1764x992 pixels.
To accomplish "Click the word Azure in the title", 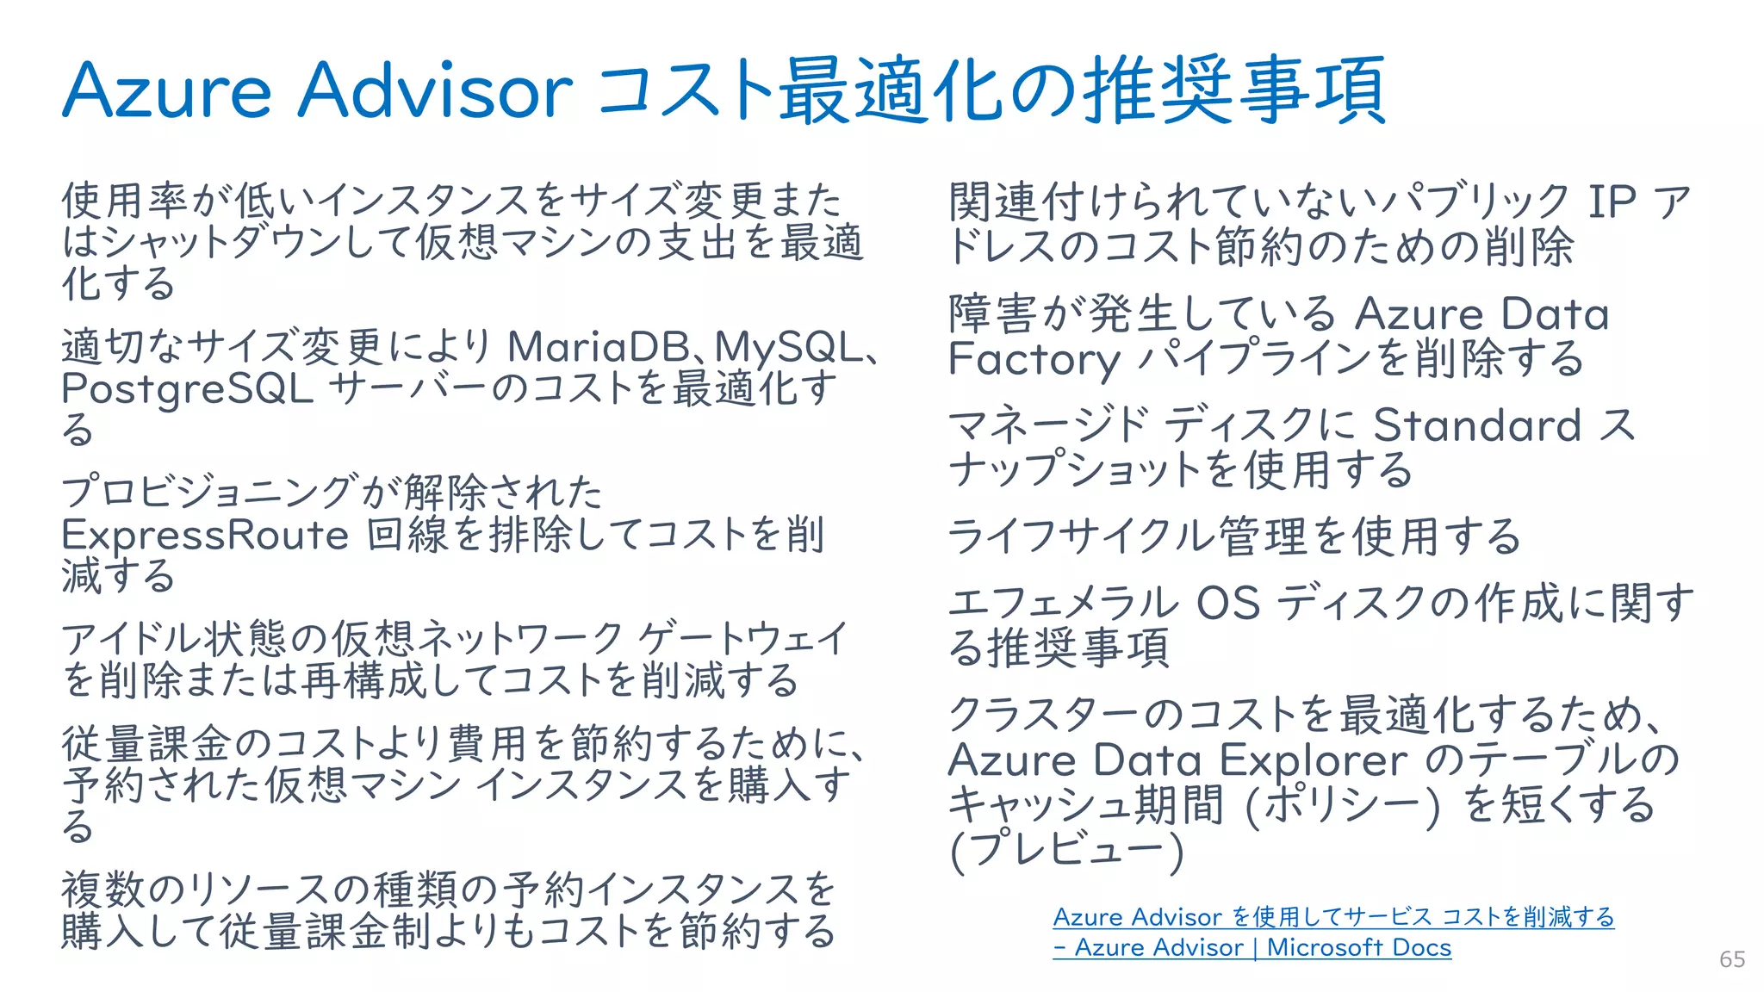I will (x=166, y=90).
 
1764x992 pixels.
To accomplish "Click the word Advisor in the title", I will (x=435, y=90).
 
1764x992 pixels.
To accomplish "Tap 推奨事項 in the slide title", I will (x=1233, y=90).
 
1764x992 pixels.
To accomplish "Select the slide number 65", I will (x=1732, y=958).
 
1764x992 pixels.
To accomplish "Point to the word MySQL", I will (x=788, y=347).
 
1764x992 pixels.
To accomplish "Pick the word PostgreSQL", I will (x=187, y=389).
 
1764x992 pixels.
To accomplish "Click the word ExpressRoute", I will (x=205, y=535).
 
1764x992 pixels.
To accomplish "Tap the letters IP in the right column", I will (x=1612, y=202).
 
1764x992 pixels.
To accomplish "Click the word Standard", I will (x=1476, y=425).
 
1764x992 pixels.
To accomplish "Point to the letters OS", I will (x=1228, y=603).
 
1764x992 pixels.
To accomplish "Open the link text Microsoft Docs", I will (x=1358, y=947).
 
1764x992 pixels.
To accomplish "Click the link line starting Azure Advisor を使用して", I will (x=1332, y=917).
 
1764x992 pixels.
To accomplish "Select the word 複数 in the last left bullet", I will (x=103, y=890).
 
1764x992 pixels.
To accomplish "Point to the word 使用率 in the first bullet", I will (x=124, y=201).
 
